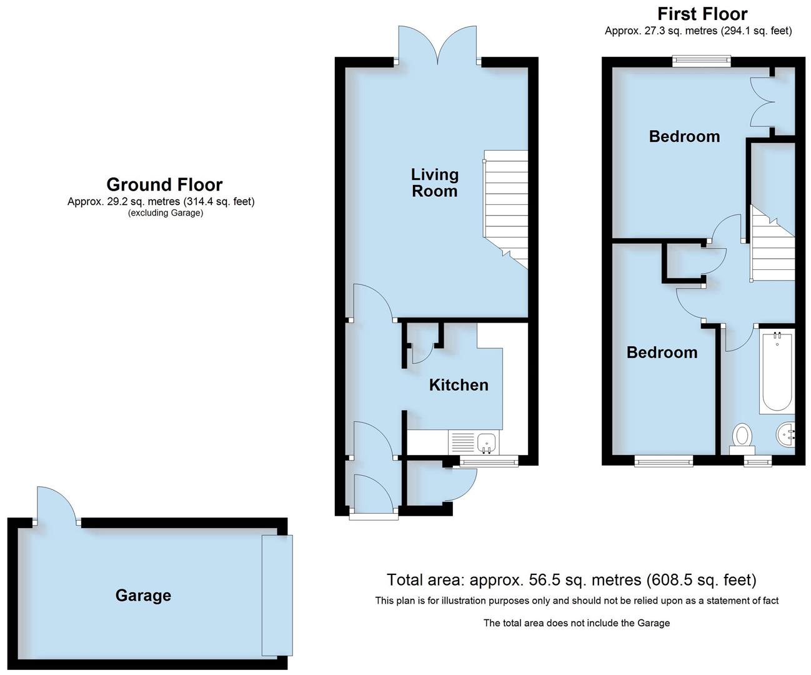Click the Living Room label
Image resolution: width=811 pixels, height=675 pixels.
(x=434, y=182)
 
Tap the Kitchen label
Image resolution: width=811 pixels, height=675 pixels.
(x=458, y=385)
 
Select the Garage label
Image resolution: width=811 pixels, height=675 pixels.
(x=143, y=596)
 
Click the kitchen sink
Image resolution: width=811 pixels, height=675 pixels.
(x=486, y=443)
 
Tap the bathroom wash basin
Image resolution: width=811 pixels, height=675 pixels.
(x=786, y=432)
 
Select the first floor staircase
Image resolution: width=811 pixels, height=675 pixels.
(x=772, y=247)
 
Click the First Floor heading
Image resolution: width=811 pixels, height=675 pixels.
(x=702, y=14)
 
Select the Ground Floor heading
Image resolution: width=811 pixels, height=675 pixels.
(x=164, y=184)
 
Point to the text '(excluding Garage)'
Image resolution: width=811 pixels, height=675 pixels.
(x=166, y=213)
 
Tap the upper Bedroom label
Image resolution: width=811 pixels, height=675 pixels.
(x=684, y=136)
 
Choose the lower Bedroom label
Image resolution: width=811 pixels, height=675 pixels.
(x=662, y=352)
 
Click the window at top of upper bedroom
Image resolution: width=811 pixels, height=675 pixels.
(x=701, y=61)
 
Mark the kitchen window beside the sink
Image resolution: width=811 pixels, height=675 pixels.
(x=489, y=462)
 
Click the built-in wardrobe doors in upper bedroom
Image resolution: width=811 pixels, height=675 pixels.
(x=762, y=104)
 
